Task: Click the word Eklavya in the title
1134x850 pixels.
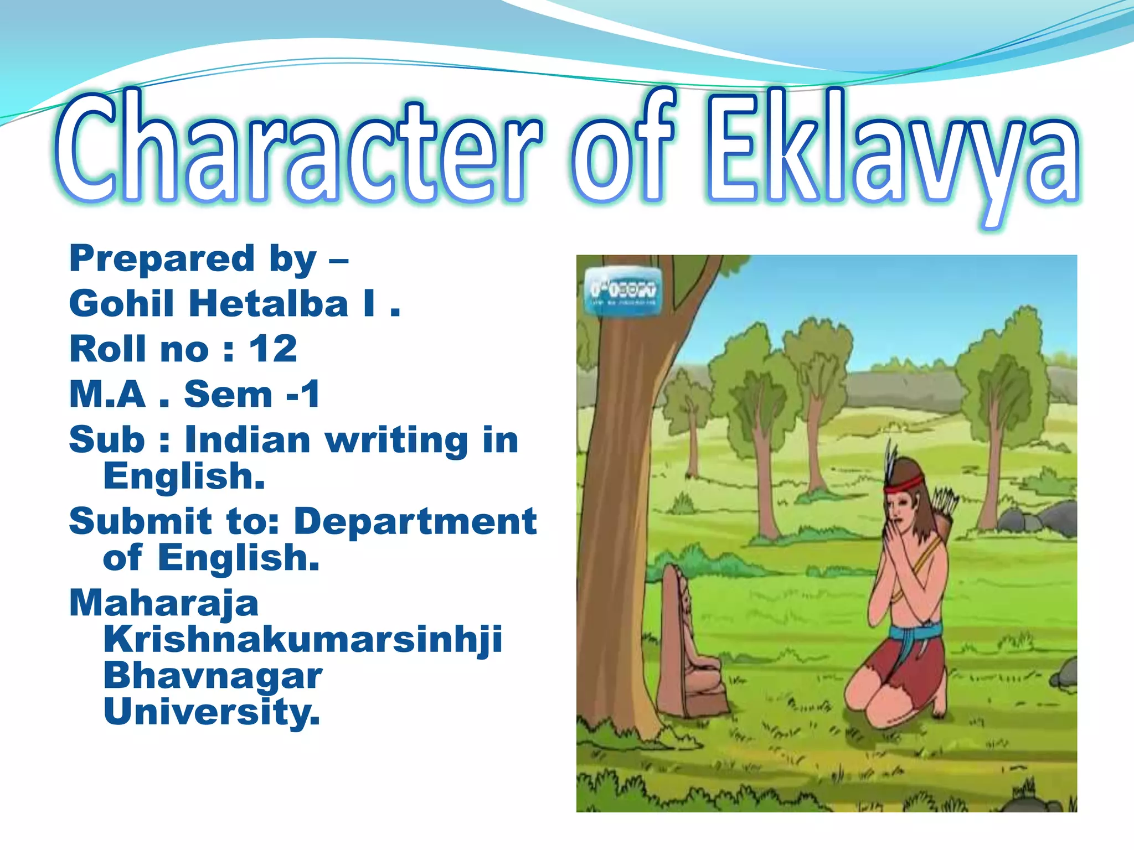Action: tap(891, 152)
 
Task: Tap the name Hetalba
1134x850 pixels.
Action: tap(269, 304)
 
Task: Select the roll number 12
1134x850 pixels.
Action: tap(273, 349)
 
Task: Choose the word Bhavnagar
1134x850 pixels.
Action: tap(213, 676)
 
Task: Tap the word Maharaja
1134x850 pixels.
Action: tap(164, 603)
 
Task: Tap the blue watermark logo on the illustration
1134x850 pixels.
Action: tap(623, 290)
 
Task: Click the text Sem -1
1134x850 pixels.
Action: tap(252, 395)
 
